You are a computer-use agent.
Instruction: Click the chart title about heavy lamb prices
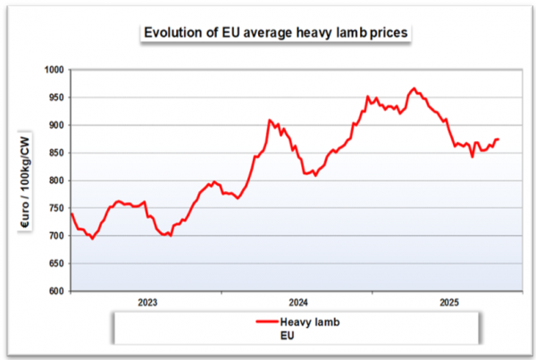pos(277,33)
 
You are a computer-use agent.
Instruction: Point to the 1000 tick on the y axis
pos(54,70)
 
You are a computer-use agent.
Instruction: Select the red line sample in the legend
pos(265,322)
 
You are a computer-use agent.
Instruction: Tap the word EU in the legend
pos(288,336)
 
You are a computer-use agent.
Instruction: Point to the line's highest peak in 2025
pos(414,88)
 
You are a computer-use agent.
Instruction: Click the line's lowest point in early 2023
pos(92,239)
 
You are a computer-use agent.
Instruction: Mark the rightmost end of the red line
pos(498,139)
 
